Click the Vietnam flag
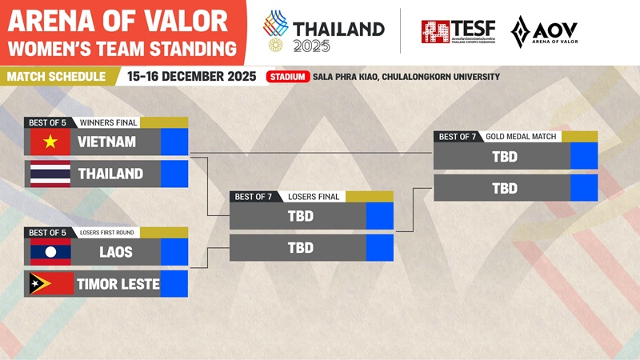(x=50, y=142)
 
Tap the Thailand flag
(x=50, y=174)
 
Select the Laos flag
(x=50, y=252)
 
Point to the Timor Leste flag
(x=50, y=284)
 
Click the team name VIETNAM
(x=106, y=142)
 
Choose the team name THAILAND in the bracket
(x=110, y=174)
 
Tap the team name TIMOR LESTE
(x=118, y=284)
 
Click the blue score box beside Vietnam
(x=174, y=142)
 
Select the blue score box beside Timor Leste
(x=174, y=284)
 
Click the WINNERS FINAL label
(x=109, y=122)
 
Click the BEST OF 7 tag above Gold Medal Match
(x=458, y=137)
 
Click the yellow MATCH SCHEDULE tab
(x=56, y=77)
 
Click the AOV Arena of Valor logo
(x=544, y=32)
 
